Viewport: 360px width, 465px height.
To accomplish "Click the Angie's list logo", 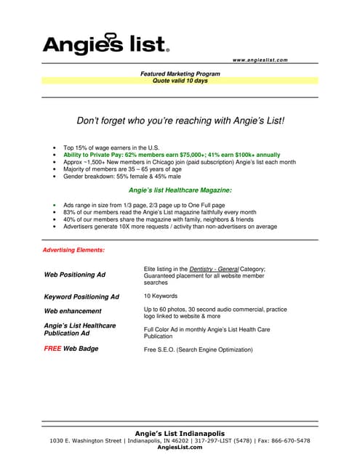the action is point(106,45).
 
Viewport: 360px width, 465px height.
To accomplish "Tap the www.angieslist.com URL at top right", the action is point(260,60).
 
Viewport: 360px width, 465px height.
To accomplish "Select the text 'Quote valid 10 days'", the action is point(180,81).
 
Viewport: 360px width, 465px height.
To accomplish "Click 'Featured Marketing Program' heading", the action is point(180,74).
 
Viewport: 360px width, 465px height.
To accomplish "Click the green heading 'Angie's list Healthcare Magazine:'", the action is point(180,190).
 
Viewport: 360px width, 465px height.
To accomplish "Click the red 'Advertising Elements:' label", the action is point(75,250).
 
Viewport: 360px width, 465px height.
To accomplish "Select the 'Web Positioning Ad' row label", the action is point(75,275).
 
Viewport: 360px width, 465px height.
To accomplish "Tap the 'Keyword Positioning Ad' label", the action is point(81,296).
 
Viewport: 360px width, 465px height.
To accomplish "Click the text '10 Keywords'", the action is point(160,296).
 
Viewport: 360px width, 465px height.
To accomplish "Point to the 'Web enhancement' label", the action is point(73,310).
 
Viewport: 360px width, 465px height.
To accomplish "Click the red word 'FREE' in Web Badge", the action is point(55,349).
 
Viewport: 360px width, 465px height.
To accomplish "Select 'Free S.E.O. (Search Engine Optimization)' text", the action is point(198,349).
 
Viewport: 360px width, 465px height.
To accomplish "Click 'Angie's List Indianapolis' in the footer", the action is point(180,434).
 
